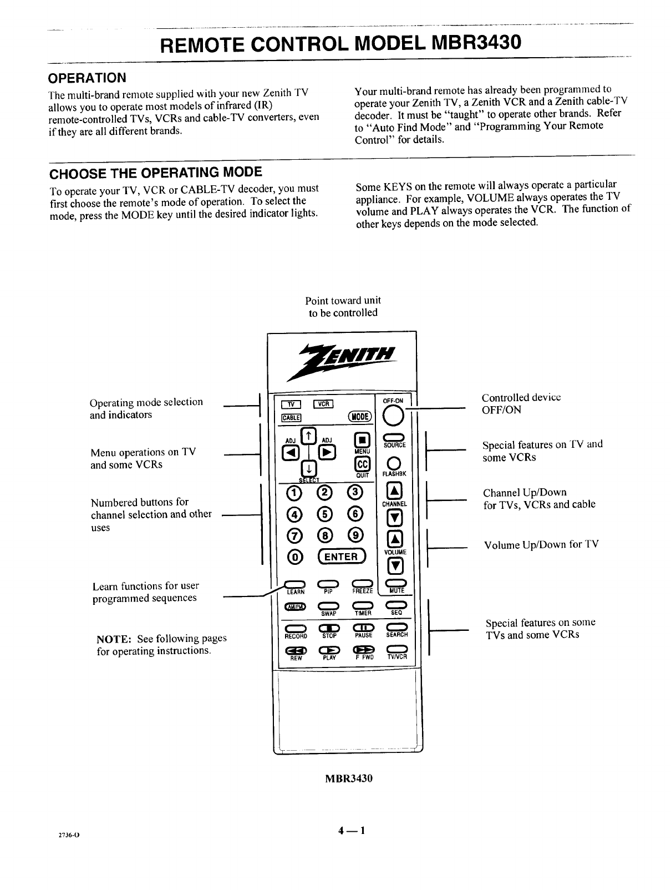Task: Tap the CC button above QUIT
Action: tap(362, 464)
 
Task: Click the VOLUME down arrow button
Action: tap(394, 567)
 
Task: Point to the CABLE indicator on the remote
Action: tap(292, 418)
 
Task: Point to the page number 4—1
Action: tap(347, 831)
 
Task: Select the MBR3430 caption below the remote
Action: tap(348, 778)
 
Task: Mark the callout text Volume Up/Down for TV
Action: tap(541, 545)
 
